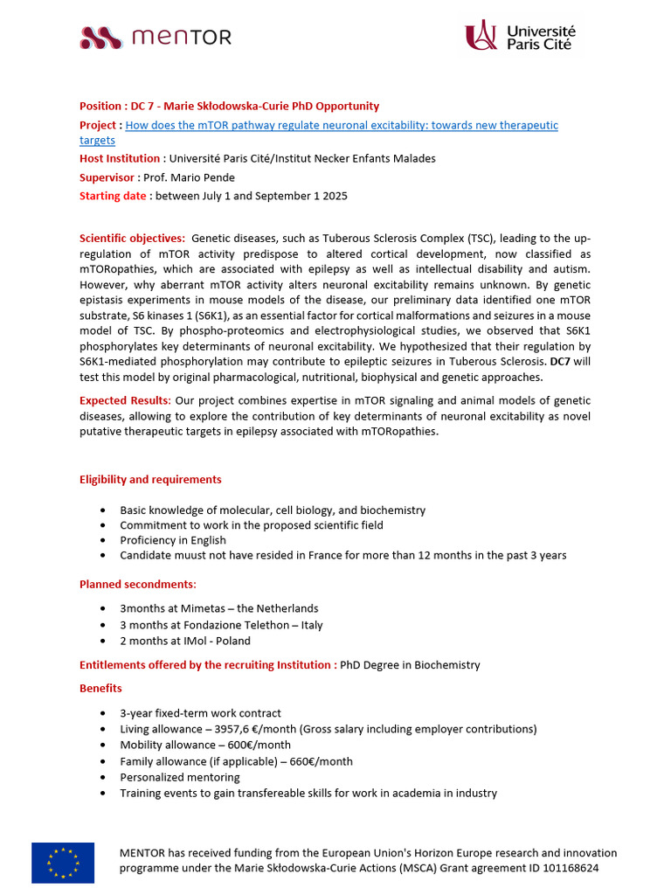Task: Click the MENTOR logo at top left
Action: pyautogui.click(x=156, y=37)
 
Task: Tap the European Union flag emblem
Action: pyautogui.click(x=63, y=862)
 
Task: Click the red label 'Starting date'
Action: pyautogui.click(x=113, y=196)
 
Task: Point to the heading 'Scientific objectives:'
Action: pyautogui.click(x=132, y=239)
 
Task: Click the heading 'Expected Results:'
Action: pyautogui.click(x=125, y=400)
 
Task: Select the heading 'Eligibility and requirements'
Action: pyautogui.click(x=150, y=479)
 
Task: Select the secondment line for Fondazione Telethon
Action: pyautogui.click(x=221, y=625)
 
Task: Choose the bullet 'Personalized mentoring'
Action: pyautogui.click(x=180, y=777)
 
